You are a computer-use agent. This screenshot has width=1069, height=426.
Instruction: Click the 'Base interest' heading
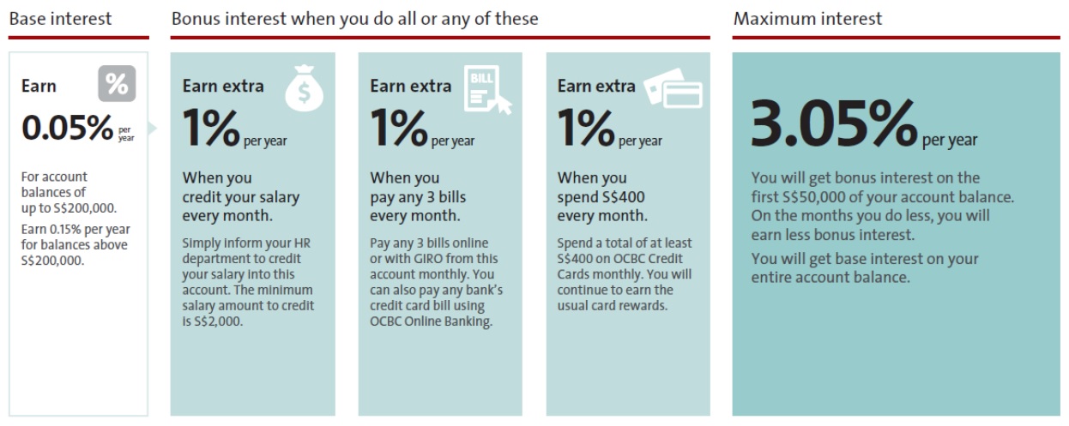[60, 19]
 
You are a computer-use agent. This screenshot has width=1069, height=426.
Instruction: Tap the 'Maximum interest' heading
[807, 19]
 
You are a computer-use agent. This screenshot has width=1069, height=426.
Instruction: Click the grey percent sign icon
[117, 83]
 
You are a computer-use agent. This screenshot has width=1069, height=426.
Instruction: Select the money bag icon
[305, 88]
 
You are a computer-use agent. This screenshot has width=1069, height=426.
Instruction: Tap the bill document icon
[486, 90]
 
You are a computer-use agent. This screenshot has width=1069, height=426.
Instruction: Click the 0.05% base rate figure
[67, 128]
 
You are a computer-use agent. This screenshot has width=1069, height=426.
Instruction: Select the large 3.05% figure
[834, 123]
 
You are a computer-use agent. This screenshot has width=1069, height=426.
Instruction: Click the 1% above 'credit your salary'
[211, 128]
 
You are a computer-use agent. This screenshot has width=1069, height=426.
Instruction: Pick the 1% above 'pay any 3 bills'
[399, 128]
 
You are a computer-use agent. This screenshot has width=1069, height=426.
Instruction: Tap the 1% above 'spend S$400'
[586, 128]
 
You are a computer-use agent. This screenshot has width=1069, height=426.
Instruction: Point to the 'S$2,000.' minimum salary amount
[218, 321]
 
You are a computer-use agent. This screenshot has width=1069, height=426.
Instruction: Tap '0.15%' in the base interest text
[65, 229]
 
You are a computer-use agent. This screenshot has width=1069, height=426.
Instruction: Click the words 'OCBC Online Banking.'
[431, 321]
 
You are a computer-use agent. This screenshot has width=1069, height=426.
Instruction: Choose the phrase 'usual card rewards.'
[613, 305]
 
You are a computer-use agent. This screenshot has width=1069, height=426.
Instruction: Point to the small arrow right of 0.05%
[152, 128]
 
